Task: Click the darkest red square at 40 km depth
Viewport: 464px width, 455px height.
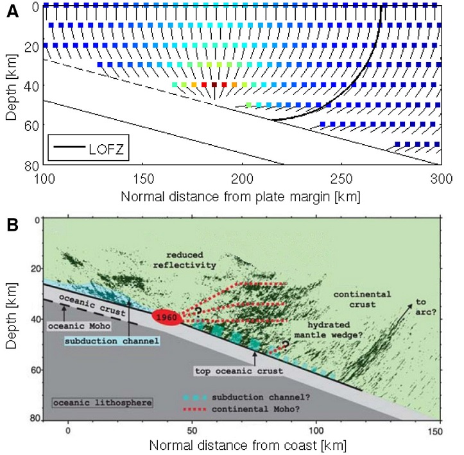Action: pyautogui.click(x=214, y=85)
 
